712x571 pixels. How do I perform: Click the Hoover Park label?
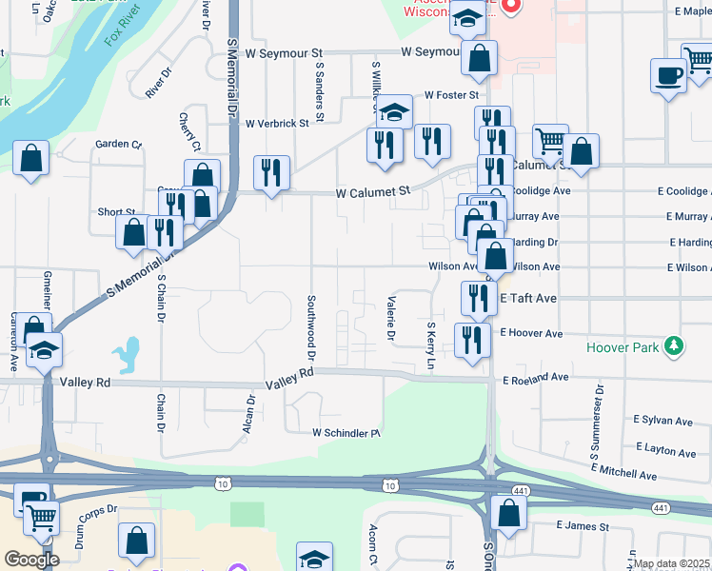point(623,347)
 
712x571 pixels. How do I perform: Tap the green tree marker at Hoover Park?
point(675,345)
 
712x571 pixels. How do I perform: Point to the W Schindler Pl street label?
point(346,433)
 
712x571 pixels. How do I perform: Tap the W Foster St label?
point(450,95)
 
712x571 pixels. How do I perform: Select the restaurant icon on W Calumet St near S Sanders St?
point(272,172)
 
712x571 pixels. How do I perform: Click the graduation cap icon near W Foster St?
point(393,111)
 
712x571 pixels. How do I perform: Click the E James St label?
point(583,526)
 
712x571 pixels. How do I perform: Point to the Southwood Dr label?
point(311,326)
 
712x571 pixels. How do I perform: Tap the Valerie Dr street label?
point(390,318)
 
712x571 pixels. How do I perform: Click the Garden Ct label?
point(118,145)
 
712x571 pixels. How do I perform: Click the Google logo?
point(30,559)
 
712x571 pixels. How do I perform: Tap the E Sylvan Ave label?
point(662,420)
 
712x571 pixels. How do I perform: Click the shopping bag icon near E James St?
point(509,512)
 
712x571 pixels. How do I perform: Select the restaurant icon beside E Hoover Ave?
point(473,340)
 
